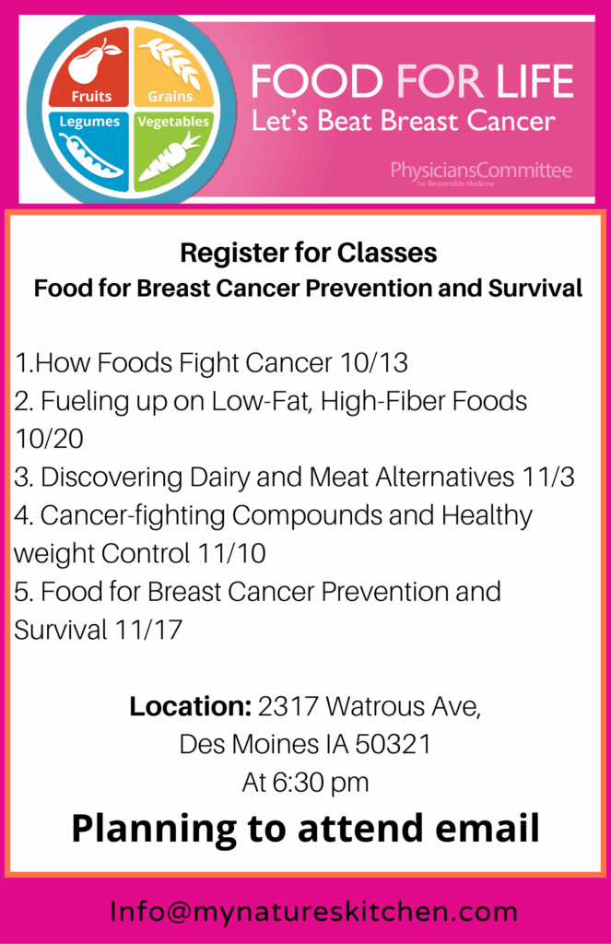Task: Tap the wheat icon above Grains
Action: coord(173,64)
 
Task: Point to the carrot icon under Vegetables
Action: coord(170,157)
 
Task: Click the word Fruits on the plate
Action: coord(91,96)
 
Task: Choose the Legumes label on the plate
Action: coord(89,122)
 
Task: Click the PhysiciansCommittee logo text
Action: coord(481,171)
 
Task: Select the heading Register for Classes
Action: coord(309,253)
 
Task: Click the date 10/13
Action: coord(374,363)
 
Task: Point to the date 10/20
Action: coord(49,439)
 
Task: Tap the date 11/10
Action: coord(231,553)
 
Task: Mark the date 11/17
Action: coord(148,630)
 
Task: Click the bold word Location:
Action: coord(190,706)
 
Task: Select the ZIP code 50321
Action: coord(394,745)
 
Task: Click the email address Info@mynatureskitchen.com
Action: coord(313,912)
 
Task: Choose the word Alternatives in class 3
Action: coord(445,478)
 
